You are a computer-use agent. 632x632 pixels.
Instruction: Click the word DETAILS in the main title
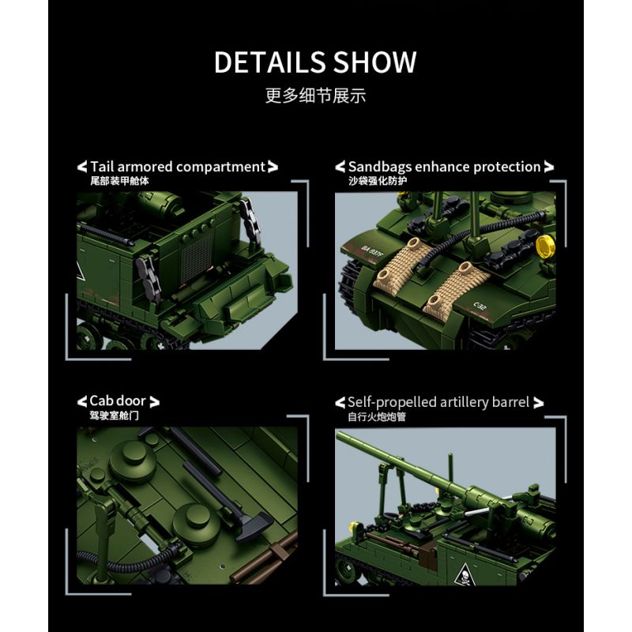pos(269,62)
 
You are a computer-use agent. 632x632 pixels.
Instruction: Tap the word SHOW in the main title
pos(374,62)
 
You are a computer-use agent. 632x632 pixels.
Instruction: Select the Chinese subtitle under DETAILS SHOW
pos(315,96)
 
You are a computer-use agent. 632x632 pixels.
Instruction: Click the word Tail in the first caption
pos(102,166)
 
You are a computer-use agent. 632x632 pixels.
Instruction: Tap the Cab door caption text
pos(118,401)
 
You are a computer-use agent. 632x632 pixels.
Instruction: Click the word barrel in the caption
pos(512,402)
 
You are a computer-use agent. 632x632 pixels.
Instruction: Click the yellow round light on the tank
pos(546,245)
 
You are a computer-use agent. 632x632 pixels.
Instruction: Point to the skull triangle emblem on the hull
pos(463,574)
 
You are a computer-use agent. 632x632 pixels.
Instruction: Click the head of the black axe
pos(254,525)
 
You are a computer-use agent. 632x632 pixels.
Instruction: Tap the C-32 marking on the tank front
pos(480,307)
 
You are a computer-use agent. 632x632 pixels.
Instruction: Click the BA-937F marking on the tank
pos(372,252)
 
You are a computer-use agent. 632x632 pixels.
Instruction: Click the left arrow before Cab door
pos(82,401)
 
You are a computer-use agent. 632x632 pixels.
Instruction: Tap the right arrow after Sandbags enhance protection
pos(549,167)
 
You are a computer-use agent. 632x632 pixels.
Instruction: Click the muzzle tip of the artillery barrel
pos(339,435)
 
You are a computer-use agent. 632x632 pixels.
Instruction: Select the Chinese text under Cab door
pos(115,416)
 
